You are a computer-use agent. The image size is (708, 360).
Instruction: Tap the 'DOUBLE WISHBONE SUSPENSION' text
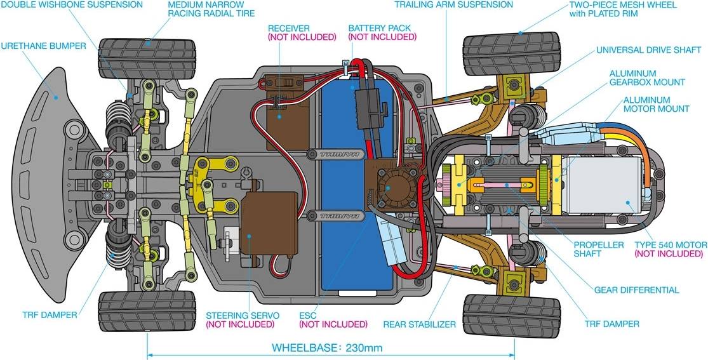point(71,5)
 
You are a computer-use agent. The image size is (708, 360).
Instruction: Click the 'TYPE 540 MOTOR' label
point(671,245)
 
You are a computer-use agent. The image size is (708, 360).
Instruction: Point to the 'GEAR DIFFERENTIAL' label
point(636,290)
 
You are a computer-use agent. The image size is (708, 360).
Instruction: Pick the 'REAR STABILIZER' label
point(419,324)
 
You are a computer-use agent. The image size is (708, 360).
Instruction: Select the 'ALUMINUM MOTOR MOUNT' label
point(656,105)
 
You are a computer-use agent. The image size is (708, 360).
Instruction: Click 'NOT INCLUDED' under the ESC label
point(333,324)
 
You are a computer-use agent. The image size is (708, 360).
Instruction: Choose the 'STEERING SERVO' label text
point(239,315)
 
